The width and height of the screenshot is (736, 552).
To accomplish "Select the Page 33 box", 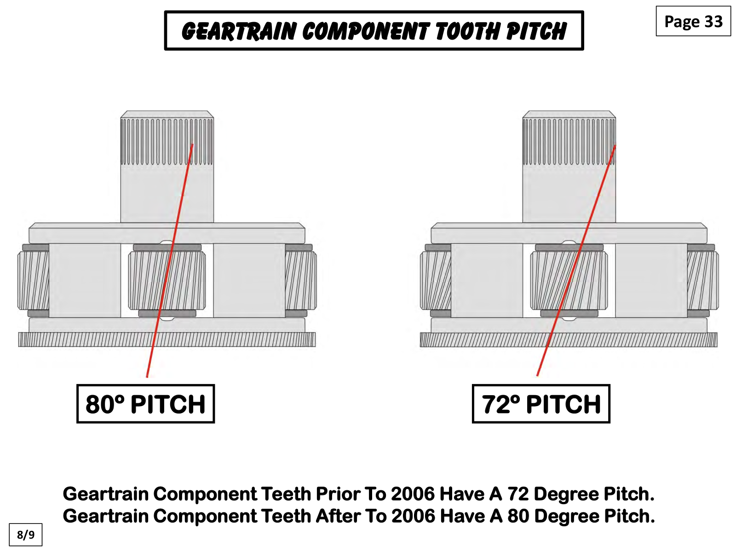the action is click(x=693, y=21).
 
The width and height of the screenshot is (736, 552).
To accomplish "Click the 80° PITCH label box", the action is click(x=145, y=403).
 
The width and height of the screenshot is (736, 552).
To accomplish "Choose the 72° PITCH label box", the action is click(x=541, y=403).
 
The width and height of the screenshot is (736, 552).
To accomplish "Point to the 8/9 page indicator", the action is click(x=25, y=534).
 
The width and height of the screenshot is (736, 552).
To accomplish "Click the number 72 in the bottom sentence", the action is click(x=518, y=494).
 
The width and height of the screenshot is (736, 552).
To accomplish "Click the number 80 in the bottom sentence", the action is click(x=518, y=516).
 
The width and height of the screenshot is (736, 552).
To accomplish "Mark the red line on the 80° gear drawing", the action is click(x=170, y=260).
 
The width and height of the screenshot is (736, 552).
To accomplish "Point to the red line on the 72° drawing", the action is click(x=576, y=260).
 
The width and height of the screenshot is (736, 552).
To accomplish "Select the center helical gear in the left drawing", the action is click(x=167, y=280).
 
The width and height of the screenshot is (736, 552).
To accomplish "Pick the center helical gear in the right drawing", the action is click(x=569, y=280).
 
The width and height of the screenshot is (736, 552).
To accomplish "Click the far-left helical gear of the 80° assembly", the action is click(x=33, y=280).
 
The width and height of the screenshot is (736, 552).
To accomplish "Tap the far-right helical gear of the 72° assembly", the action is click(x=703, y=280).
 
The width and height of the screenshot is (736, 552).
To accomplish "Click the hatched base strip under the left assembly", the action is click(x=167, y=339).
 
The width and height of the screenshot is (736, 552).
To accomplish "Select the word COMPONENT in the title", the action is click(x=366, y=31).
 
